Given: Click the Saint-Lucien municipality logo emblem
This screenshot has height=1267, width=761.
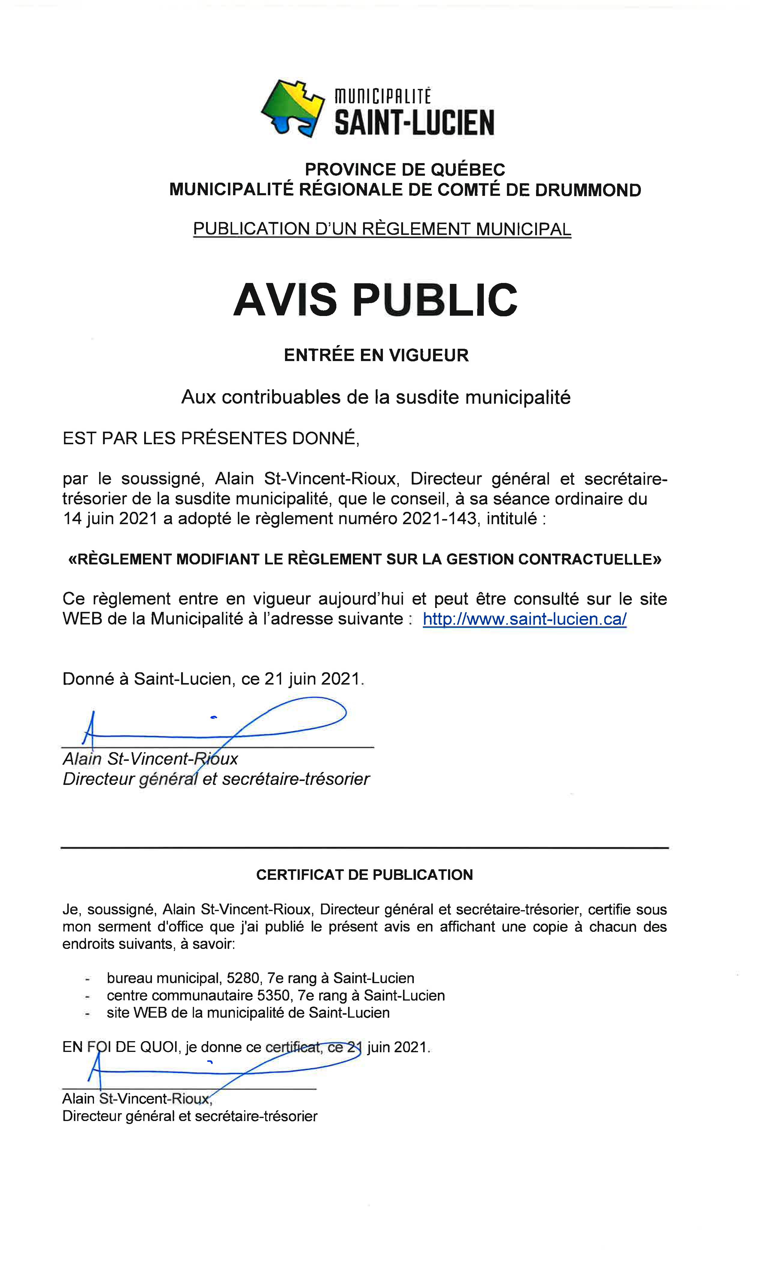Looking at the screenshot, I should tap(292, 108).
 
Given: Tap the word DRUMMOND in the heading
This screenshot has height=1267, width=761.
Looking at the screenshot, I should tap(588, 190).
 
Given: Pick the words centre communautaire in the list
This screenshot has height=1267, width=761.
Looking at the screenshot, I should tap(180, 996).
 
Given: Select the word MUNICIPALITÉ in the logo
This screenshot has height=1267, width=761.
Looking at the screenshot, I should tap(383, 96).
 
